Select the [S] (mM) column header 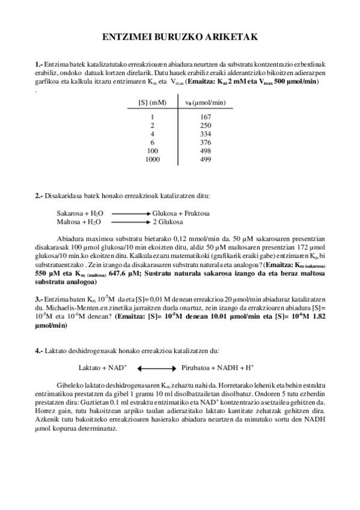(152, 103)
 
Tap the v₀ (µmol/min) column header (205, 103)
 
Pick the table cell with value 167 (205, 117)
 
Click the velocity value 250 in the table (205, 125)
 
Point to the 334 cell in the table (205, 134)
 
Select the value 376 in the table (205, 142)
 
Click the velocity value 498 (205, 150)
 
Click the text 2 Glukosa (168, 221)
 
